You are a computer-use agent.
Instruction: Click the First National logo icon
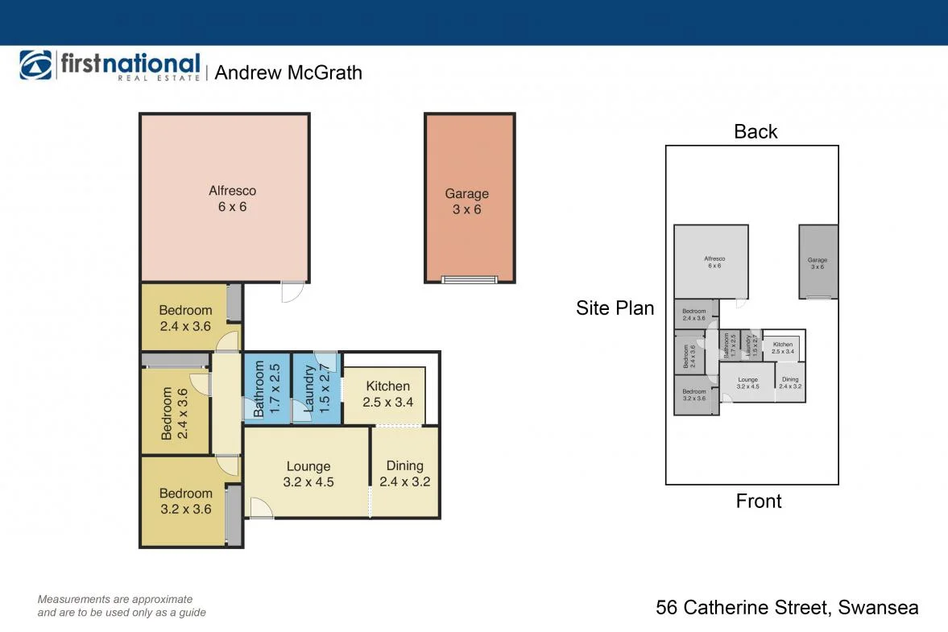click(35, 65)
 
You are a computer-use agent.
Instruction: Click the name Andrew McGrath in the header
click(288, 72)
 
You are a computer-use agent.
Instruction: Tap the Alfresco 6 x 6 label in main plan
click(232, 199)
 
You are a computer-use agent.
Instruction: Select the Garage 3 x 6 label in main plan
click(467, 202)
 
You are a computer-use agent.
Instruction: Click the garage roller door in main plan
click(470, 279)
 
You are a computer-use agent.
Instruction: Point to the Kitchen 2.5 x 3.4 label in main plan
click(387, 394)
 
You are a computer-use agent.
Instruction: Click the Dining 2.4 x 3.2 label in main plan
click(404, 473)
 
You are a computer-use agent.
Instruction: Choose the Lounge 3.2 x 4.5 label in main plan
click(308, 474)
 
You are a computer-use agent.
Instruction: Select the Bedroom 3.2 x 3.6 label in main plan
click(185, 501)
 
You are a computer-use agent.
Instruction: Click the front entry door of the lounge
click(261, 507)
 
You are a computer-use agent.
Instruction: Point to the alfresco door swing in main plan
click(292, 291)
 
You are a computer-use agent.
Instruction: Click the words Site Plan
click(615, 308)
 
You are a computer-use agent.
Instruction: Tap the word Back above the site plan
click(756, 131)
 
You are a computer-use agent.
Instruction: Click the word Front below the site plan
click(759, 501)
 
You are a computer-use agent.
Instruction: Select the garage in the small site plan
click(818, 262)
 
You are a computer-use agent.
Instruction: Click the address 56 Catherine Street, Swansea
click(787, 607)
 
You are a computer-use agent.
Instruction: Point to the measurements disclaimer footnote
click(122, 605)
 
